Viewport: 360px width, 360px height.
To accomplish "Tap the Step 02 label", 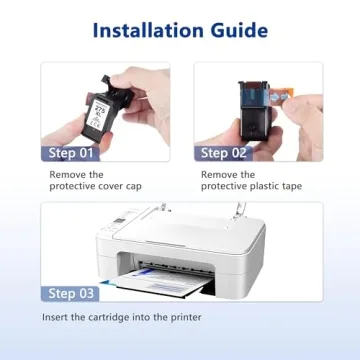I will click(228, 153).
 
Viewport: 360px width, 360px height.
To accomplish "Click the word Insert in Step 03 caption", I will click(57, 317).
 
